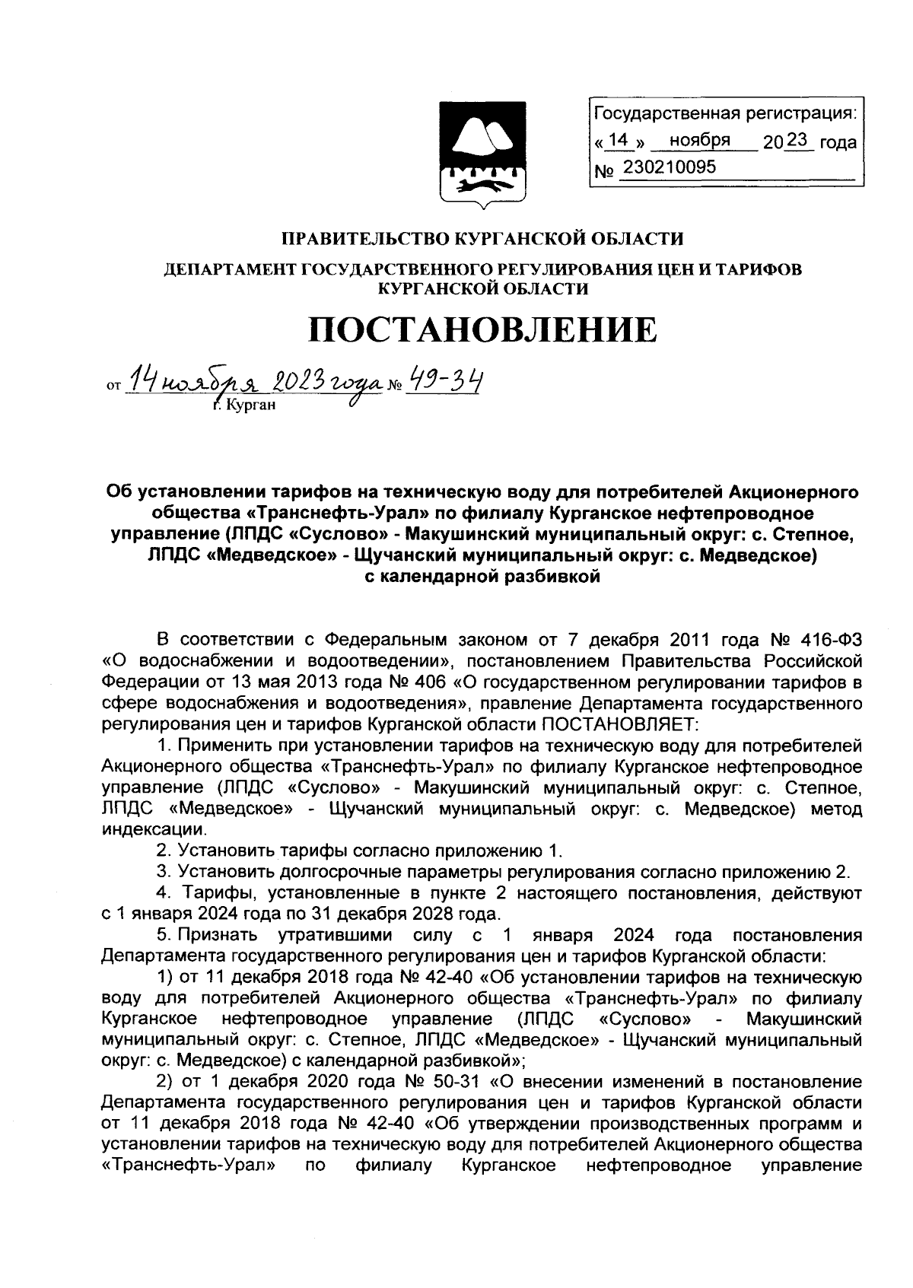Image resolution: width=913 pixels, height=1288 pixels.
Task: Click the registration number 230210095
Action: click(x=669, y=167)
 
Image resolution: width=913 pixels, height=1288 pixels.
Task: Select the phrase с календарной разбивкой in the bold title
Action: click(x=483, y=576)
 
